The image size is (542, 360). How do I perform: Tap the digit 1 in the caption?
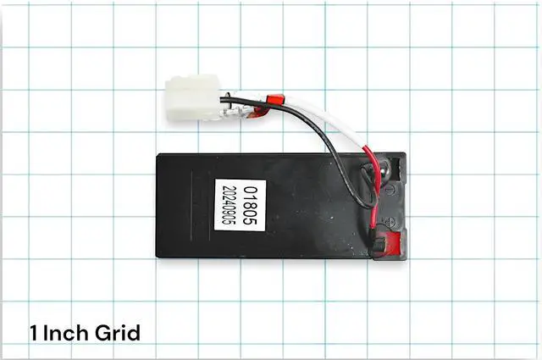click(33, 331)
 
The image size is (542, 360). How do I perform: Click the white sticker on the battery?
click(240, 207)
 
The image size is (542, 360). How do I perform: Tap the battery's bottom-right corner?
click(408, 258)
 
